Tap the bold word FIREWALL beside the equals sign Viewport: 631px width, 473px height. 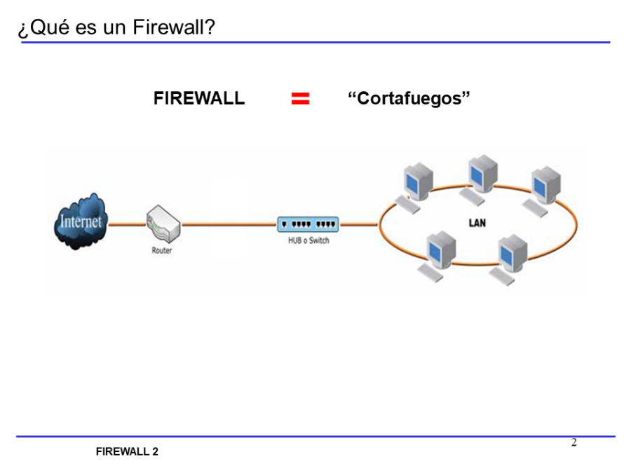(199, 99)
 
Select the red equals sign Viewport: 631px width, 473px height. (300, 99)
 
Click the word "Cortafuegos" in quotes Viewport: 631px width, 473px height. (409, 99)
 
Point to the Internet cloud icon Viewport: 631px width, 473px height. (81, 222)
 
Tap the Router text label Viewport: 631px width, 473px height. (162, 250)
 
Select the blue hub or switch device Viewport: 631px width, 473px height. (308, 224)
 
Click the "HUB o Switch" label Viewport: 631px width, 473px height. (308, 241)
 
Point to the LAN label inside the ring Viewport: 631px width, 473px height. (477, 224)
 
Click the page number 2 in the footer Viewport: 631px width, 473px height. (574, 443)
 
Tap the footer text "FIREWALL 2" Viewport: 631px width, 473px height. (127, 452)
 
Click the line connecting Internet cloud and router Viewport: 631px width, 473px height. (127, 224)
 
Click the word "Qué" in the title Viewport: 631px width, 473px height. (48, 28)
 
